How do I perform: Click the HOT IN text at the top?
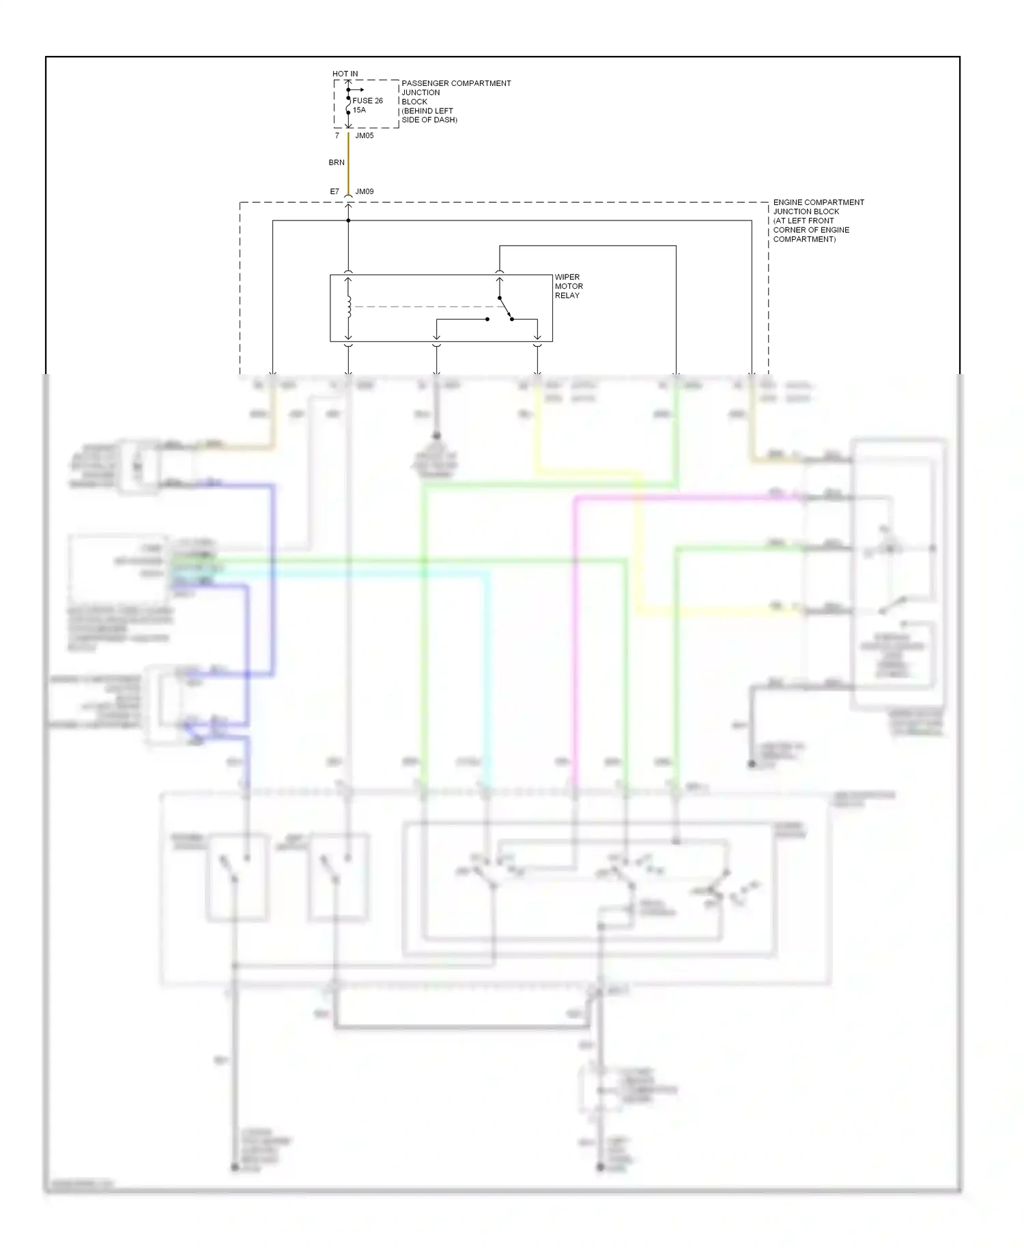click(x=345, y=74)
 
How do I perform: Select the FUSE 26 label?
click(x=367, y=101)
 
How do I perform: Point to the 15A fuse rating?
click(x=359, y=110)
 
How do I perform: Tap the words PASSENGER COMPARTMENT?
click(x=456, y=83)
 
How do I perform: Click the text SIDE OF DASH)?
click(x=429, y=120)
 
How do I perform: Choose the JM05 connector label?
click(x=365, y=136)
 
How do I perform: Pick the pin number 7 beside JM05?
click(x=337, y=136)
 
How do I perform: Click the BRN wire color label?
click(x=337, y=162)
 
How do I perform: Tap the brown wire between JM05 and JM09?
click(x=348, y=164)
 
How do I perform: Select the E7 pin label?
click(x=335, y=192)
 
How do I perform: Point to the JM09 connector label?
click(x=365, y=192)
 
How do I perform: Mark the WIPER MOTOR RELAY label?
click(x=568, y=286)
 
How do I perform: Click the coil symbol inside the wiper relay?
click(x=349, y=307)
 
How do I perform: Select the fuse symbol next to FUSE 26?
click(x=348, y=104)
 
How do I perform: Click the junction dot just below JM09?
click(x=348, y=221)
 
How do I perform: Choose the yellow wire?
click(x=639, y=546)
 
